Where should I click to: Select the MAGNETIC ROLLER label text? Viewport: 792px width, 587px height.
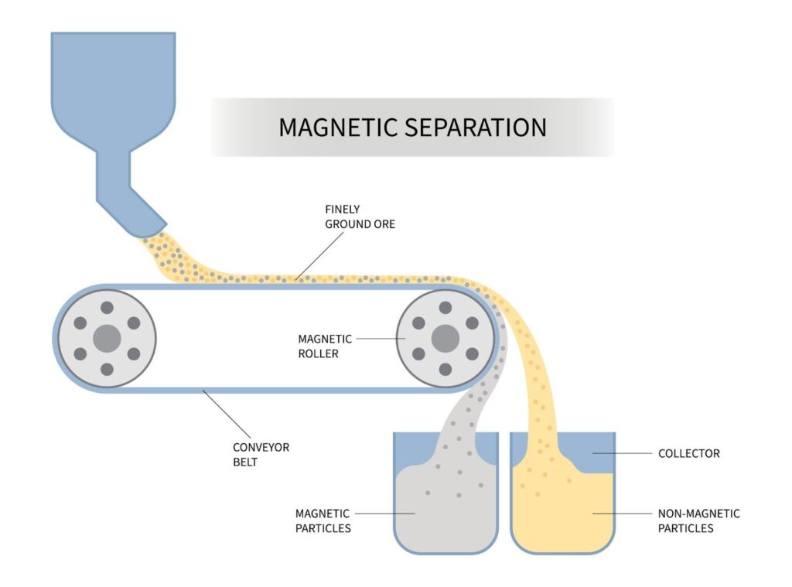(x=325, y=346)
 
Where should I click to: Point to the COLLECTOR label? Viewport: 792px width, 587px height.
(x=688, y=453)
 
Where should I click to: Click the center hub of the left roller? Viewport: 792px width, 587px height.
(x=107, y=339)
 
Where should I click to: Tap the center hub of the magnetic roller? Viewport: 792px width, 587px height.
(x=445, y=339)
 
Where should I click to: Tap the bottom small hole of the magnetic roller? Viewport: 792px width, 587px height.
(x=445, y=370)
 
